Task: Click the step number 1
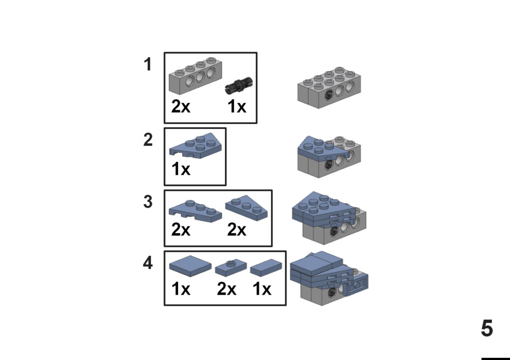(148, 65)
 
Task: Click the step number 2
(148, 140)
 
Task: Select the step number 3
(148, 202)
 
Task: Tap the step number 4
(148, 263)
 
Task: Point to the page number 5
(487, 329)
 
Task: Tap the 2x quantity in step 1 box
(181, 106)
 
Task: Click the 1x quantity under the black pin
(237, 106)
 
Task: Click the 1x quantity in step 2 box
(181, 169)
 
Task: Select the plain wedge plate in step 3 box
(247, 209)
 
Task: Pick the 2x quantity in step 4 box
(226, 289)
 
